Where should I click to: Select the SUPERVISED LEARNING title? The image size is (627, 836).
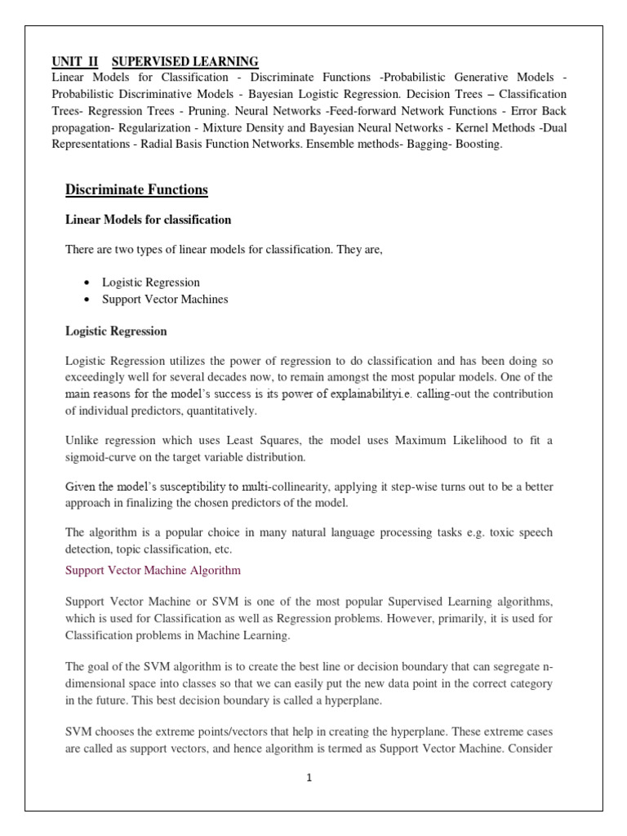coord(185,61)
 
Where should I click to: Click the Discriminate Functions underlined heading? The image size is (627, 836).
coord(136,190)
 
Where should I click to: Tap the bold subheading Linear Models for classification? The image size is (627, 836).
coord(148,220)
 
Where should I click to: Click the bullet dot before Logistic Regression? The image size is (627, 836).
coord(85,282)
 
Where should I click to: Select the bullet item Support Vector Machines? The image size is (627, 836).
coord(165,299)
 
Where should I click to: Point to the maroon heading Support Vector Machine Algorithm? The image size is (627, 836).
coord(153,569)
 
